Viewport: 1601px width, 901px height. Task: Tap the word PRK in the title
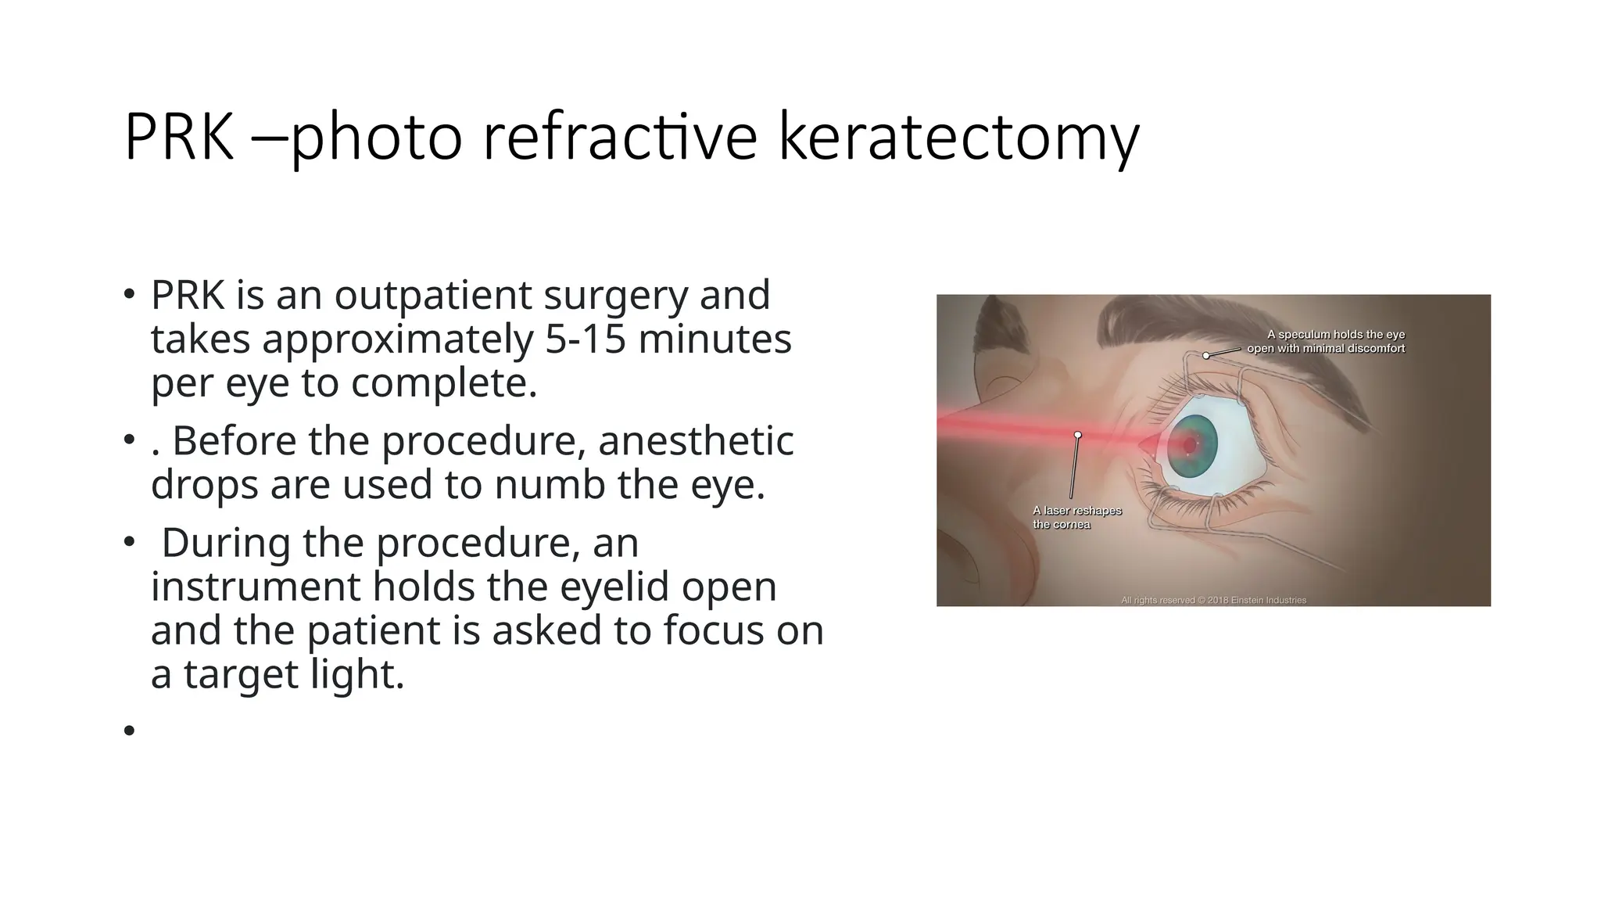(179, 138)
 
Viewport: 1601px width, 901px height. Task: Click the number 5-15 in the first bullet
(586, 339)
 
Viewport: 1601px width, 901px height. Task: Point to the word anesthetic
(696, 440)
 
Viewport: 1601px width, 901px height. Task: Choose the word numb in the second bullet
(550, 484)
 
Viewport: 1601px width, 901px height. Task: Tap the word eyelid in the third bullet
(613, 587)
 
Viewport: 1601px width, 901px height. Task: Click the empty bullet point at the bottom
(129, 730)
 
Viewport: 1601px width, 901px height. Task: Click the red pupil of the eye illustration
(1190, 445)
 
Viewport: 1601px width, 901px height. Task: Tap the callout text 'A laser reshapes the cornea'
(1076, 517)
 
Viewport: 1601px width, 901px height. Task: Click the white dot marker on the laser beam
(1078, 435)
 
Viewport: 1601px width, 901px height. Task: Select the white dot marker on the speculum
(1206, 356)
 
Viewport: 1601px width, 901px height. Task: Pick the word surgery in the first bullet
(616, 295)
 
